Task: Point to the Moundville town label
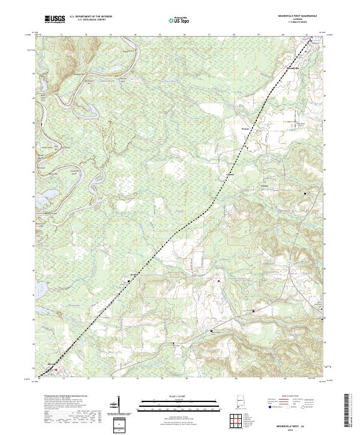click(x=293, y=68)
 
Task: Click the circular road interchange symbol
click(x=289, y=264)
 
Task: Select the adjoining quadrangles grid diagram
click(x=236, y=421)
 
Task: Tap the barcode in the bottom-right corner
click(x=348, y=411)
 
